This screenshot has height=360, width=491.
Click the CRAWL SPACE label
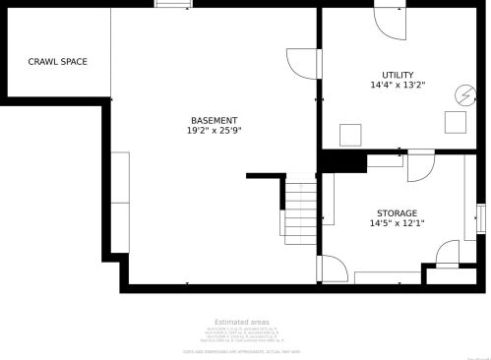[57, 62]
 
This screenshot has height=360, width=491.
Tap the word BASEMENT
[214, 120]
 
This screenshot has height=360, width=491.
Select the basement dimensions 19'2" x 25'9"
[214, 131]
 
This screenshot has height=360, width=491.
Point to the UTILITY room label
[398, 75]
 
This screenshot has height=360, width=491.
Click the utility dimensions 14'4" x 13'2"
[398, 86]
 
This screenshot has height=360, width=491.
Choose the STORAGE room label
[397, 213]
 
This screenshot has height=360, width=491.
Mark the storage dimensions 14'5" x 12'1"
[397, 223]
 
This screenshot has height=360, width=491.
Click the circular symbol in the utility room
[462, 95]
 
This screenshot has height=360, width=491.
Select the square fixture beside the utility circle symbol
[455, 121]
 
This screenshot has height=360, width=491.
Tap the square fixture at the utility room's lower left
[349, 134]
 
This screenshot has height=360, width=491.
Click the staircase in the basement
[300, 210]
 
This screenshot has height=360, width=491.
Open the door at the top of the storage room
[420, 164]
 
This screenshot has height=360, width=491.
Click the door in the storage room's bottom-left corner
[331, 269]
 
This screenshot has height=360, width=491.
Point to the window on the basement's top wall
[173, 5]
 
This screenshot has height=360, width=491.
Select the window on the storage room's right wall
[481, 217]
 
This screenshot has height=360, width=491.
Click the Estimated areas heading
[241, 322]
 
